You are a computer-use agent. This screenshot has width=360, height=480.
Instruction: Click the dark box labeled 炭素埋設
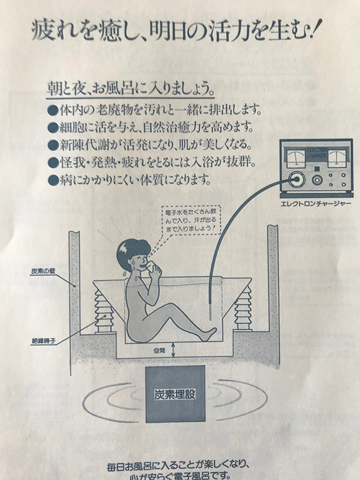coord(174,394)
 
